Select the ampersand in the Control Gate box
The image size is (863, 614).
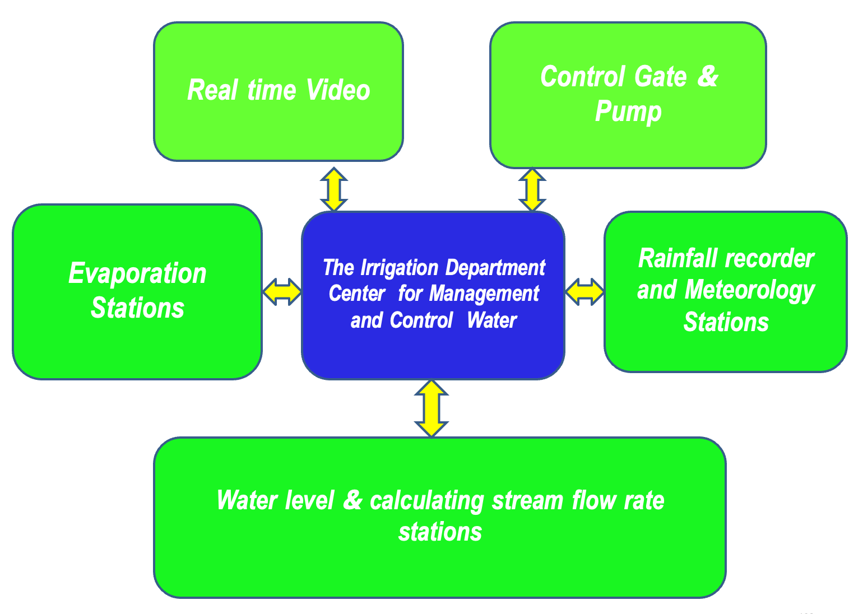pos(707,76)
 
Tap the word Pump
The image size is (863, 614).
pos(628,111)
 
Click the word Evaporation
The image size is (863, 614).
pos(137,273)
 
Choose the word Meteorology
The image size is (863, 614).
pos(750,290)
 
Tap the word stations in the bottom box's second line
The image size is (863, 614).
pos(440,532)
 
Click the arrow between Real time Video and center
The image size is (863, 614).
pos(334,189)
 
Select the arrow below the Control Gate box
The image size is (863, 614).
pos(532,190)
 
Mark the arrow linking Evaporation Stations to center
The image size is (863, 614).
pos(282,292)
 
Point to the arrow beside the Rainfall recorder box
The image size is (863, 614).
pos(584,292)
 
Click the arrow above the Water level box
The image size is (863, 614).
pos(432,408)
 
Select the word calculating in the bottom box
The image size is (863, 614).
pos(427,500)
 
